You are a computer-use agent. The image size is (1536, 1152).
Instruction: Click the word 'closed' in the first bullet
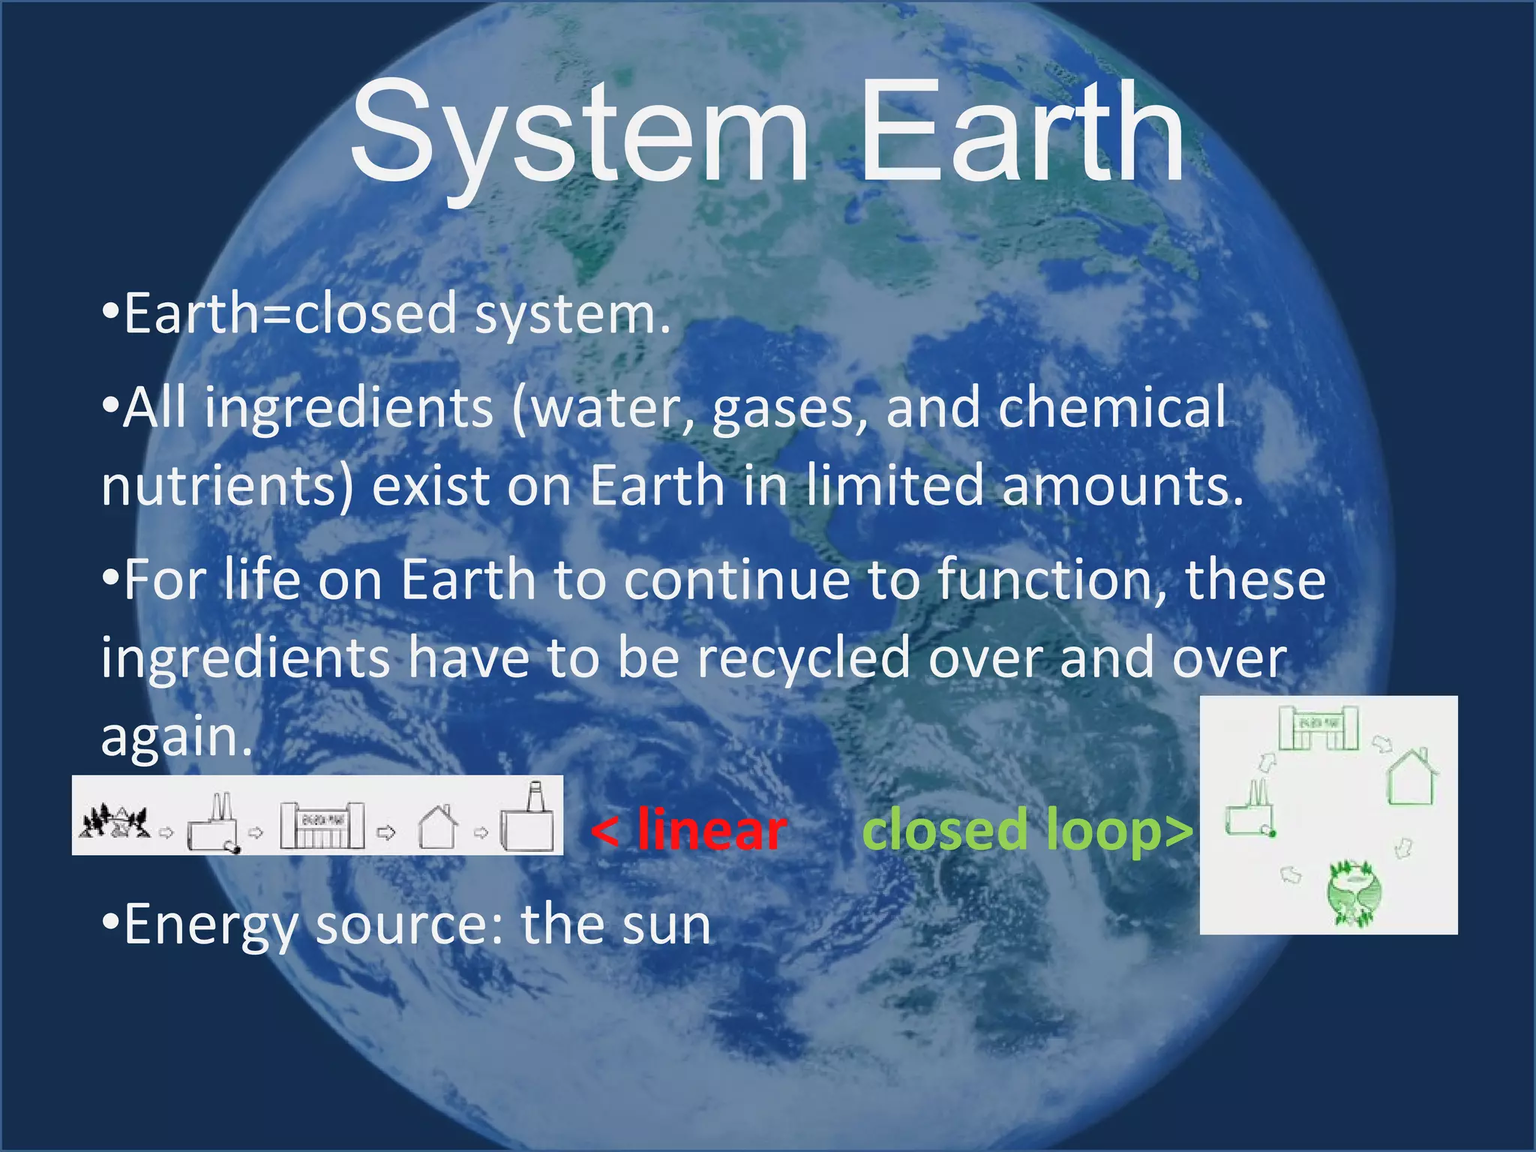tap(375, 314)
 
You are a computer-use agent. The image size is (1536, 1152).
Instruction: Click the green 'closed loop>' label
tap(1027, 831)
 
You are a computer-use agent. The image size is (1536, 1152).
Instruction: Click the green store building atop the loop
tap(1318, 727)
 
